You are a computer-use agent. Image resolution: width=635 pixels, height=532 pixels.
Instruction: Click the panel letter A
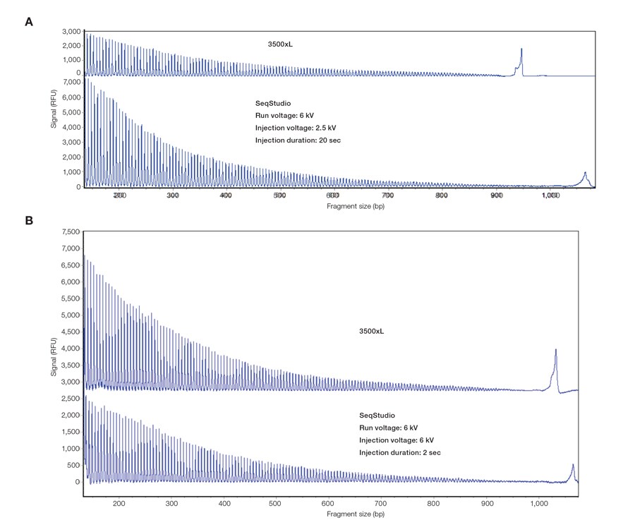[29, 22]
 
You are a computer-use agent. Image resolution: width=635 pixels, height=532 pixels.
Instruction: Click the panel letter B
[29, 220]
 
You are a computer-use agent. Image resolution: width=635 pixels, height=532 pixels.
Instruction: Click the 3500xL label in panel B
[372, 330]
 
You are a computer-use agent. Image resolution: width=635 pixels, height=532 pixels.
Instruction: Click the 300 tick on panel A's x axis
[173, 195]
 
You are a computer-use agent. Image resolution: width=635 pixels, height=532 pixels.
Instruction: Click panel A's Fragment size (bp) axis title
[356, 206]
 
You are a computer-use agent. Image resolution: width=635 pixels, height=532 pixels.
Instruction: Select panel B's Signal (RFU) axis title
[54, 356]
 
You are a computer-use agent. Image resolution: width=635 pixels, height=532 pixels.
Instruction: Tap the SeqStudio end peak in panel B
[573, 467]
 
